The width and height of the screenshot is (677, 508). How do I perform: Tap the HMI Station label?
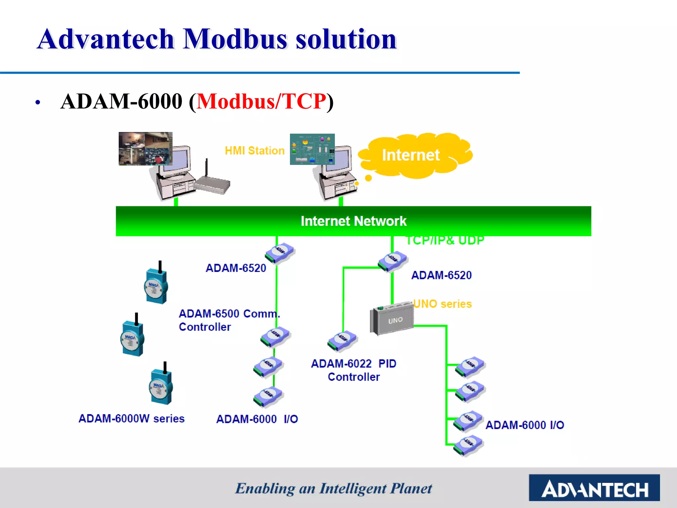(255, 151)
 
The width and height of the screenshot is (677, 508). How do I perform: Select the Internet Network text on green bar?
(353, 221)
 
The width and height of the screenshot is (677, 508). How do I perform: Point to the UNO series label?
(442, 304)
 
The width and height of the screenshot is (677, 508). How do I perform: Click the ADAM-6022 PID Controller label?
(353, 370)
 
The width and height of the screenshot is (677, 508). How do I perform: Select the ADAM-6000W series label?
(131, 418)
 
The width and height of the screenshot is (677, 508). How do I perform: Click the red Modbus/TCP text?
(261, 101)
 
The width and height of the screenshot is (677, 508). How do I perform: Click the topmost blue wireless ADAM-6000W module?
(156, 285)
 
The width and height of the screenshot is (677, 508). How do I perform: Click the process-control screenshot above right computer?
(312, 149)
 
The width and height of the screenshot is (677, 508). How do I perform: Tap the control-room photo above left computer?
(145, 148)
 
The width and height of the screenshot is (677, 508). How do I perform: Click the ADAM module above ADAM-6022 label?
(342, 340)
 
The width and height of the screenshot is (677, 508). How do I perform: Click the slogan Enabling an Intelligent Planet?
(333, 488)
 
